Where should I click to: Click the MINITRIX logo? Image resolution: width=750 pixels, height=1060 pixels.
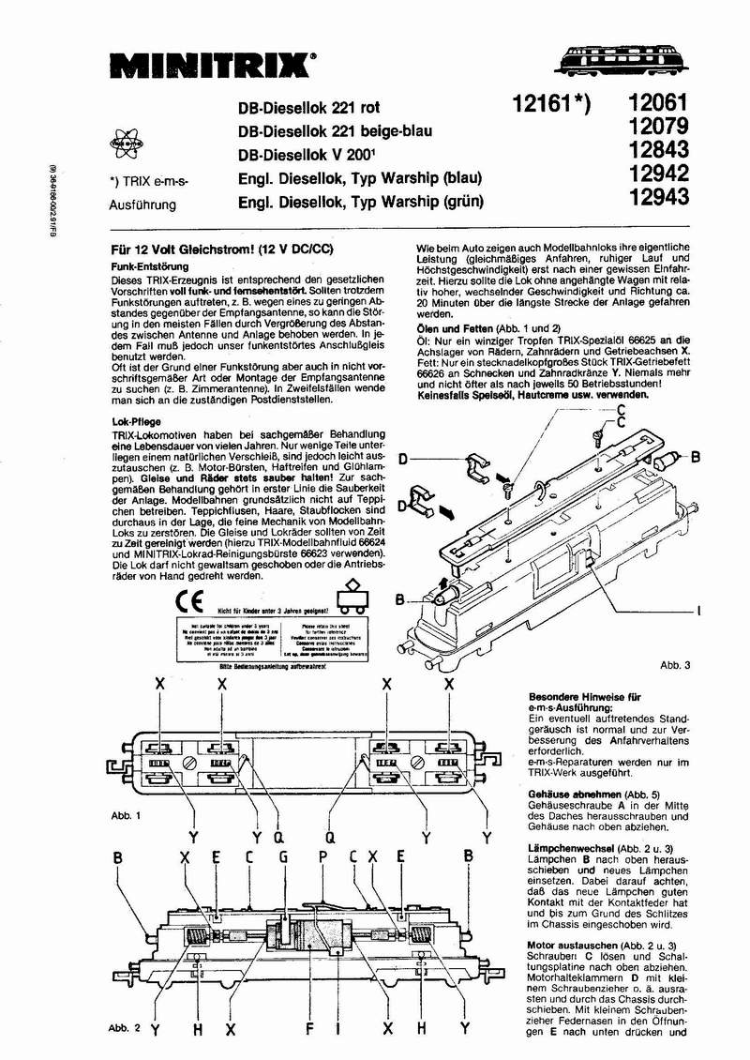[x=211, y=65]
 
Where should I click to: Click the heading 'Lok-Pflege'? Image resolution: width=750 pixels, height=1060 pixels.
[x=132, y=422]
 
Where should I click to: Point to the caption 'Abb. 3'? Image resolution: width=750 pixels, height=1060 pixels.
[x=675, y=665]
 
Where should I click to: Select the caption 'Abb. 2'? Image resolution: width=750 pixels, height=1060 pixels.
[x=125, y=1028]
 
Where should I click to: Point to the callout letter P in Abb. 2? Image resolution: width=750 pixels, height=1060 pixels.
[x=322, y=856]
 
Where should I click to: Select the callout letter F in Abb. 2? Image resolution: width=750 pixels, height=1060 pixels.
[x=307, y=1029]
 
